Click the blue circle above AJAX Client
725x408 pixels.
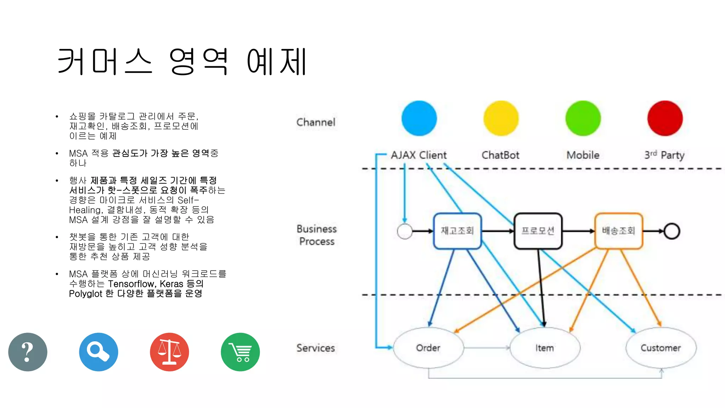point(419,118)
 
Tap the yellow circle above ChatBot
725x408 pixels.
point(501,118)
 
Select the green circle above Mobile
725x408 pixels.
point(583,118)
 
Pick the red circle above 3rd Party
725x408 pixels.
point(665,118)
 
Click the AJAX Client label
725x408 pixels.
point(418,155)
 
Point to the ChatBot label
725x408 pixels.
point(500,155)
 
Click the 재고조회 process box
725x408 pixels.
point(457,231)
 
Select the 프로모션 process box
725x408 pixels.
point(538,231)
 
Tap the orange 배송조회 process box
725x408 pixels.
point(618,231)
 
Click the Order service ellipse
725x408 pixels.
point(428,348)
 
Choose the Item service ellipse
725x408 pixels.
point(544,348)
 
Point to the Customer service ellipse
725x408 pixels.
point(661,348)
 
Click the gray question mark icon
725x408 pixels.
point(28,352)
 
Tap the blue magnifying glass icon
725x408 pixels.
point(98,352)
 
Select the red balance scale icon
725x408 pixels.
point(169,352)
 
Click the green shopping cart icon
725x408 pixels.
point(240,352)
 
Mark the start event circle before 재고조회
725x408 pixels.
point(405,231)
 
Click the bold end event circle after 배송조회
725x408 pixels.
point(672,231)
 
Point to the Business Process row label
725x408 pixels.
point(316,235)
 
